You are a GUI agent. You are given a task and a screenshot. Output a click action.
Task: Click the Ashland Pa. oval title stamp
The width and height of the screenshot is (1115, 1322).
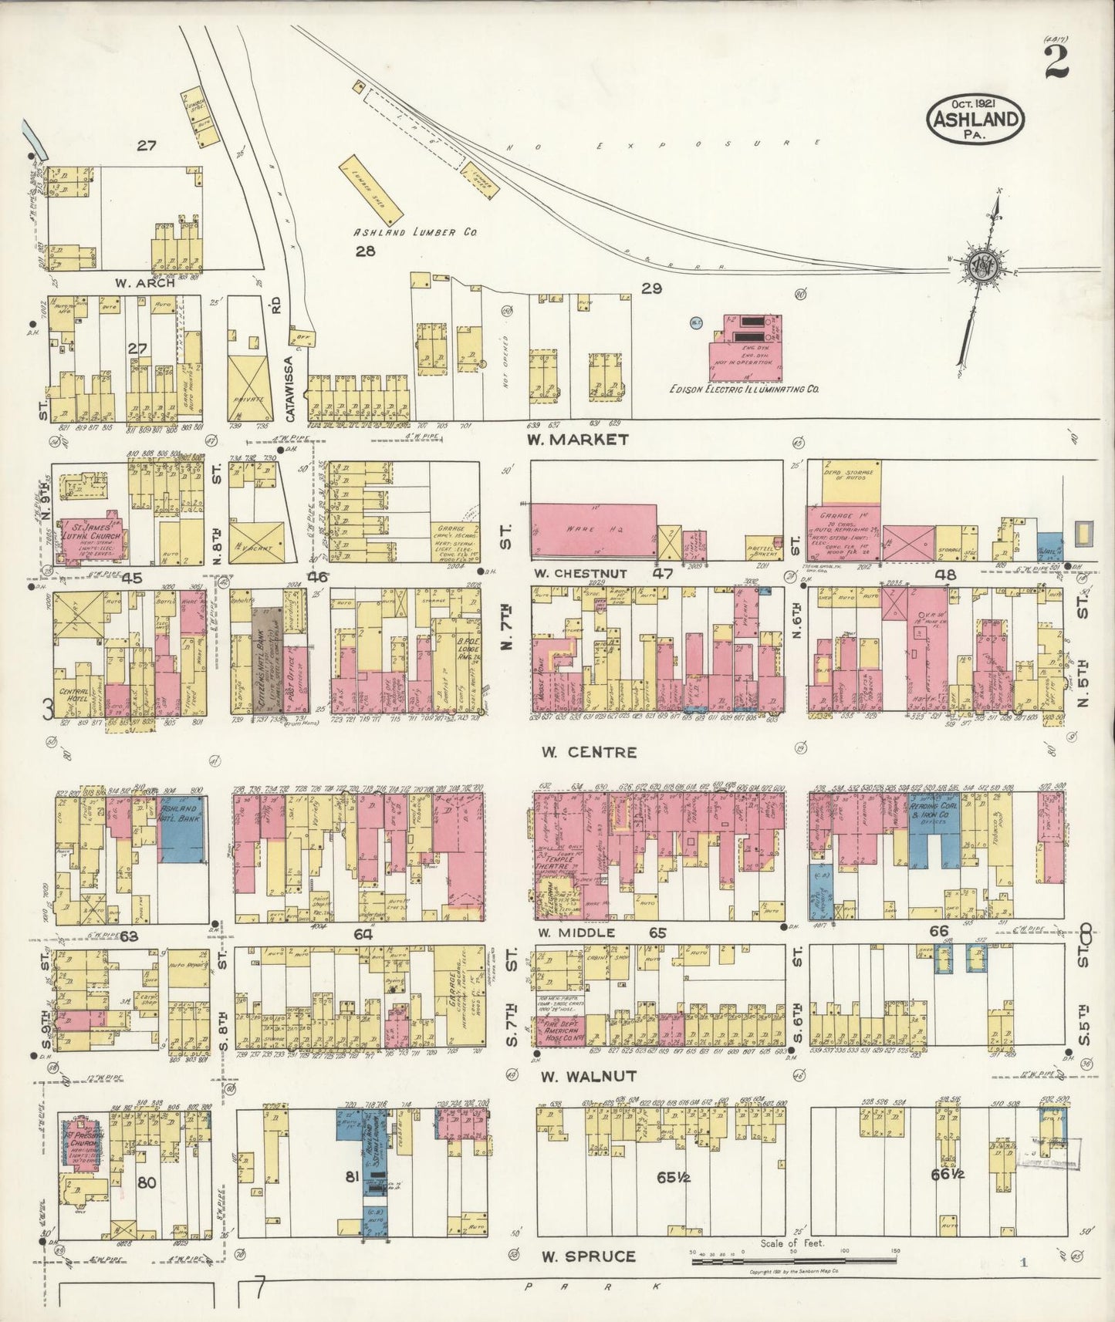pos(975,120)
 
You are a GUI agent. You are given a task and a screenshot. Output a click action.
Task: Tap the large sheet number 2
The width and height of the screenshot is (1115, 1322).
pos(1056,62)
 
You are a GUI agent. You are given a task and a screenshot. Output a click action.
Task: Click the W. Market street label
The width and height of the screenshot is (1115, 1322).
pos(577,440)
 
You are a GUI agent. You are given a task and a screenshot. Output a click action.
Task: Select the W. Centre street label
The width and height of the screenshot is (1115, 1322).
pos(589,751)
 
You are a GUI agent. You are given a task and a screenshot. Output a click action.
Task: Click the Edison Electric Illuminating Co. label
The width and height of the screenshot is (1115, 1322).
pos(744,390)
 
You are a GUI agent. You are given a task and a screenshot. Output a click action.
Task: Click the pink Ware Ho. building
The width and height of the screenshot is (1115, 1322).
pos(593,531)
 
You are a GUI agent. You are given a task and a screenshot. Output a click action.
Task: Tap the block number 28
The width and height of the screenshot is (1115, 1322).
pos(365,251)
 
